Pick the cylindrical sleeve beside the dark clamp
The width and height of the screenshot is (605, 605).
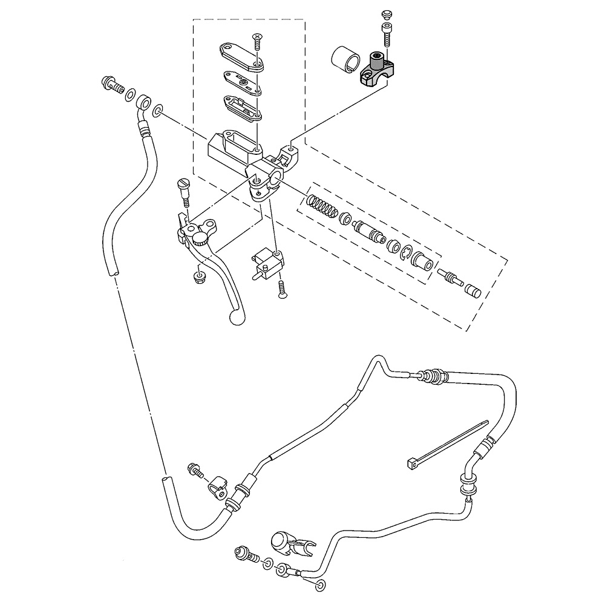click(x=344, y=60)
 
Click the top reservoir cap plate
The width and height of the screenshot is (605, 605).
click(x=243, y=55)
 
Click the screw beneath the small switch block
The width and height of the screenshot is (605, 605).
click(x=282, y=289)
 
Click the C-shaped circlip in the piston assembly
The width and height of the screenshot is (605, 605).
click(x=407, y=253)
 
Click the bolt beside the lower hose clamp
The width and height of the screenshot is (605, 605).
click(x=196, y=470)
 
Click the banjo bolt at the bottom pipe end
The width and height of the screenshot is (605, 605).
click(x=244, y=552)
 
